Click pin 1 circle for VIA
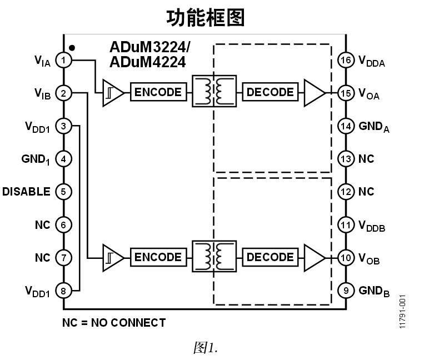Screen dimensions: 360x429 point(64,60)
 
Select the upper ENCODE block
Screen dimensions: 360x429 point(158,92)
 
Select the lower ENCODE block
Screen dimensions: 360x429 point(158,257)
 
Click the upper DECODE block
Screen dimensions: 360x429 point(270,92)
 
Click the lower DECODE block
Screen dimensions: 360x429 point(270,257)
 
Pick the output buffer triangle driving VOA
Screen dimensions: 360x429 point(313,92)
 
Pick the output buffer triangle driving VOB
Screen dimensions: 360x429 point(313,257)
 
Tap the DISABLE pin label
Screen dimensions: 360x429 point(26,192)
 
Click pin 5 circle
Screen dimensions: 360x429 point(64,192)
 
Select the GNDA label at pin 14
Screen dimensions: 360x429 point(373,127)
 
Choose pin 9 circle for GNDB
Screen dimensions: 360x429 point(346,291)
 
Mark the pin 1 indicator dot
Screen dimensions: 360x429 point(72,48)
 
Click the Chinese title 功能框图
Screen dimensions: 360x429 point(206,18)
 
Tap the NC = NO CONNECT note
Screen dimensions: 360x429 point(113,323)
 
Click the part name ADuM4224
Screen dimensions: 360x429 point(147,62)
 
